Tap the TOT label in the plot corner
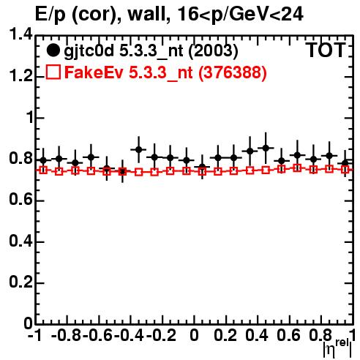pos(326,50)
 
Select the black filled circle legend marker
pos(53,50)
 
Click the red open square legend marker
pos(53,72)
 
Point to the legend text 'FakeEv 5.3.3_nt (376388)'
pos(165,72)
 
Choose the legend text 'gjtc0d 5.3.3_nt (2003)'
pos(151,51)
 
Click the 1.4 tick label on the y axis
pos(21,34)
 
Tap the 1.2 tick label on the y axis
pos(21,76)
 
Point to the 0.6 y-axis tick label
pos(21,200)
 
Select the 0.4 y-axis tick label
pos(21,241)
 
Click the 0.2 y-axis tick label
pos(21,282)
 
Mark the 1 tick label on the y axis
pos(30,118)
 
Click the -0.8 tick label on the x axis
pos(67,335)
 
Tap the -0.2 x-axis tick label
pos(162,335)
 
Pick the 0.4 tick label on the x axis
pos(257,335)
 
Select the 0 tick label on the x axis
pos(194,335)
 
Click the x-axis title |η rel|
pos(337,349)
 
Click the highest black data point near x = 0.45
pos(266,148)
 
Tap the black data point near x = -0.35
pos(139,149)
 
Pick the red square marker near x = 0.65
pos(297,168)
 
